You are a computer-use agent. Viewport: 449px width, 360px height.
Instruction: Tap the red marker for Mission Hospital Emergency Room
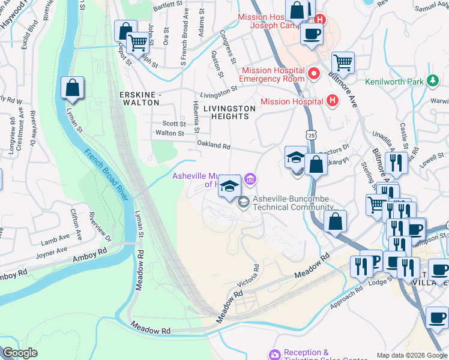pyautogui.click(x=313, y=74)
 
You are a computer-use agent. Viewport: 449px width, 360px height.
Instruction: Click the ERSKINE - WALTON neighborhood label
pyautogui.click(x=140, y=99)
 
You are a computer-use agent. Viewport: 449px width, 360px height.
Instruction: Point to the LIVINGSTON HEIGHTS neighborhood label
pyautogui.click(x=229, y=112)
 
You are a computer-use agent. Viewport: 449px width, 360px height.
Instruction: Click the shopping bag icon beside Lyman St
pyautogui.click(x=72, y=89)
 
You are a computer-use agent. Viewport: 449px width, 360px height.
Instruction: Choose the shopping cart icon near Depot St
pyautogui.click(x=138, y=43)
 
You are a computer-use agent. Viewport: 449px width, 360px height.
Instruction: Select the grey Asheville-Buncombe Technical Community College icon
pyautogui.click(x=243, y=202)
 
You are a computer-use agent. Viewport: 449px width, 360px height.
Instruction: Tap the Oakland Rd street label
pyautogui.click(x=214, y=146)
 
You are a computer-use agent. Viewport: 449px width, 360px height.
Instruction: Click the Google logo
pyautogui.click(x=20, y=353)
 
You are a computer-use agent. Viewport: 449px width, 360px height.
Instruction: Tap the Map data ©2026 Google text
pyautogui.click(x=412, y=355)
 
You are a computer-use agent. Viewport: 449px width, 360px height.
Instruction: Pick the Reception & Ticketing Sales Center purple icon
pyautogui.click(x=275, y=355)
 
